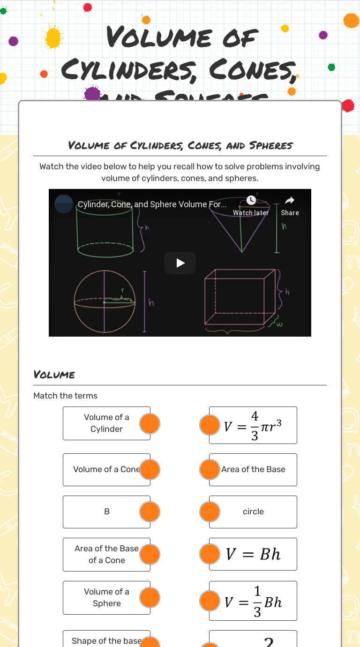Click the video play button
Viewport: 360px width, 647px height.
point(180,263)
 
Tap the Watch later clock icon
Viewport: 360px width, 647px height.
point(251,200)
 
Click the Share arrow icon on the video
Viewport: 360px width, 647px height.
point(290,201)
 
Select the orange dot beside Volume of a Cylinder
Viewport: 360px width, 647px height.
point(150,423)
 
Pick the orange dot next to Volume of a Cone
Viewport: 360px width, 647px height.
point(150,470)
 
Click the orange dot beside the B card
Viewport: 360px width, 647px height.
point(150,512)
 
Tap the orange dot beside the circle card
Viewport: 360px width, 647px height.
point(210,512)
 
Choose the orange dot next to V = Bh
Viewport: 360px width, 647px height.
point(210,554)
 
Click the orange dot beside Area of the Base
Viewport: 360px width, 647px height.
point(210,470)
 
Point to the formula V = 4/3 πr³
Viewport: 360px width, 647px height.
point(253,426)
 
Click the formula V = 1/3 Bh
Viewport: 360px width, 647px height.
point(253,601)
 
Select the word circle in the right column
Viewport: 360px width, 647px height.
point(253,512)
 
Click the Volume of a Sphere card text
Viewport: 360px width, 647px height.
point(106,597)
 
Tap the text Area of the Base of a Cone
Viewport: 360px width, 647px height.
point(106,554)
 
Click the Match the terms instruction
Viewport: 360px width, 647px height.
point(66,396)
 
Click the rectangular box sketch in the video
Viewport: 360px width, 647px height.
point(239,298)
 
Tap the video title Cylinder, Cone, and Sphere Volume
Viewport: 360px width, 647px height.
point(152,204)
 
